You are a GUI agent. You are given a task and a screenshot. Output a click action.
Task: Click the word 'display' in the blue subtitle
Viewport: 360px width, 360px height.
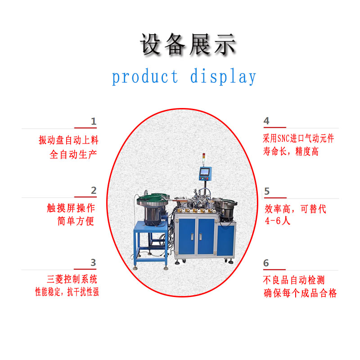[223, 76]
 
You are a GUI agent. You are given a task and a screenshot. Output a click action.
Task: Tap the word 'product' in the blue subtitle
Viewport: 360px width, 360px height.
[145, 77]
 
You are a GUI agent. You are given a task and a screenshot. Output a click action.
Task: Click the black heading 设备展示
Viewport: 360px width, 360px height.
[188, 45]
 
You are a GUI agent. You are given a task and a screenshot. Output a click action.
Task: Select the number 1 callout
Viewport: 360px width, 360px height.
[94, 121]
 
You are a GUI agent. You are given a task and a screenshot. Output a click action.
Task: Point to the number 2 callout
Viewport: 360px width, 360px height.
[94, 190]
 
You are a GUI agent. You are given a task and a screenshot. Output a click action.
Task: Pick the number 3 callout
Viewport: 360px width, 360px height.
[93, 262]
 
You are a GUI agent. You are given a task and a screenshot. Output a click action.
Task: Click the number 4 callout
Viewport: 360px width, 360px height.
[266, 121]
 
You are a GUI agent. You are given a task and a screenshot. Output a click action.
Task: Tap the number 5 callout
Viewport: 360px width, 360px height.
[267, 191]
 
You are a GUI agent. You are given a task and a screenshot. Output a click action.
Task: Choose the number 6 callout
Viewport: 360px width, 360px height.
[266, 263]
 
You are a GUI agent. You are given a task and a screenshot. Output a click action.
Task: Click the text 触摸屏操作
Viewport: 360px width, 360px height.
[71, 208]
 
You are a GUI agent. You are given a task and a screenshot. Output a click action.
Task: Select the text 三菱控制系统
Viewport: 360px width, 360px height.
[72, 279]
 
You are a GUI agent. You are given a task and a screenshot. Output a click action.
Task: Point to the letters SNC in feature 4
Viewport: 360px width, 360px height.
[283, 139]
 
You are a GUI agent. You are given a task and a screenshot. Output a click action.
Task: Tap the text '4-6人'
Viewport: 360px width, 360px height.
[278, 221]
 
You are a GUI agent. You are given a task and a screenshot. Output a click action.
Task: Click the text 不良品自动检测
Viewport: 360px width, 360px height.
[294, 280]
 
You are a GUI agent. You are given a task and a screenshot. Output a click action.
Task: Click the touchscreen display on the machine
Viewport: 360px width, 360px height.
[205, 172]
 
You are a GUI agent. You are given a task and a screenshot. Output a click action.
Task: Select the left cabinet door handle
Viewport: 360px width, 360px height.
[192, 237]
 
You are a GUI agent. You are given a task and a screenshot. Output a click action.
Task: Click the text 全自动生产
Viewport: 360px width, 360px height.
[73, 154]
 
